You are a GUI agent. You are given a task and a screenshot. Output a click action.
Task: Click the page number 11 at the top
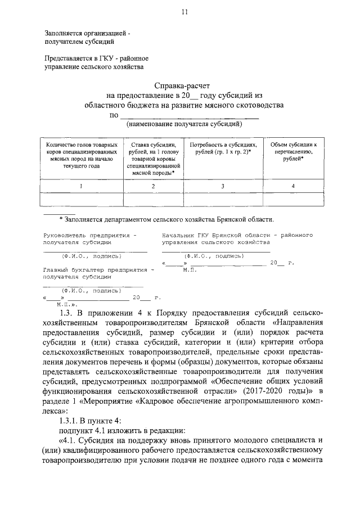(184, 13)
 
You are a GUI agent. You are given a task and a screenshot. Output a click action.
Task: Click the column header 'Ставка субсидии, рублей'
(150, 159)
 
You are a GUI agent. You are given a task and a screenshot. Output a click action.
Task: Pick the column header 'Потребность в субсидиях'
(222, 148)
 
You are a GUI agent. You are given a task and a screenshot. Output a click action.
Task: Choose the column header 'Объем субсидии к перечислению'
(293, 151)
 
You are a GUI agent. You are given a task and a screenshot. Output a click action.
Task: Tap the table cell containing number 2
(150, 186)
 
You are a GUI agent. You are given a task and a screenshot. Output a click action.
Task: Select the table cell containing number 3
(222, 186)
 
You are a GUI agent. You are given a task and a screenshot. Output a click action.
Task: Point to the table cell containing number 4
(293, 186)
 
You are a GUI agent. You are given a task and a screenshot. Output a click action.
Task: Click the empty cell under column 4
(293, 200)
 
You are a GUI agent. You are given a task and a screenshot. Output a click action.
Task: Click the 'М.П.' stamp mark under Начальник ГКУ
(190, 270)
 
